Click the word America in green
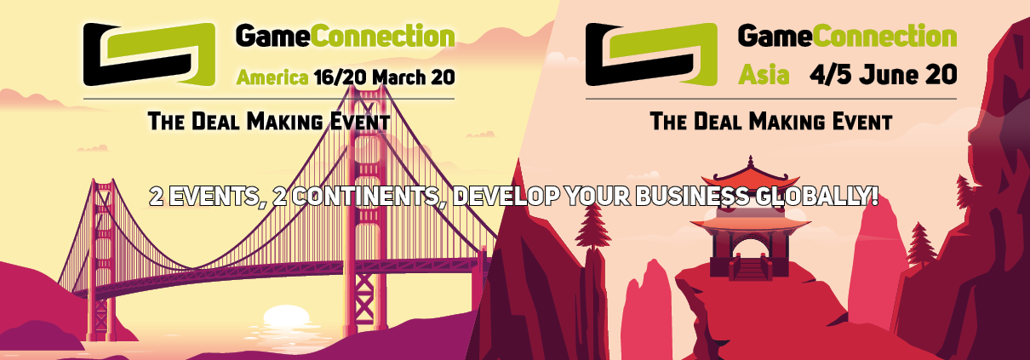click(x=272, y=77)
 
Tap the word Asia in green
click(x=764, y=75)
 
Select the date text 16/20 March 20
click(x=385, y=77)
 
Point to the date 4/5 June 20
click(x=884, y=75)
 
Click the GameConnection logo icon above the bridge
click(x=149, y=54)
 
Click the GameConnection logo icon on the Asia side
click(x=651, y=54)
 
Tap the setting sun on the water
click(x=286, y=317)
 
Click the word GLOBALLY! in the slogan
click(x=817, y=197)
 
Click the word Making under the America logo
click(x=284, y=122)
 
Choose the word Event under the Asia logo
click(x=857, y=122)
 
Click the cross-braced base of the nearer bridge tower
click(x=364, y=295)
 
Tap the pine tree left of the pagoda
click(x=592, y=226)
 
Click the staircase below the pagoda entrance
click(x=749, y=268)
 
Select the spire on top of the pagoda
click(x=751, y=162)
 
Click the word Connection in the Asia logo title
click(x=884, y=36)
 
